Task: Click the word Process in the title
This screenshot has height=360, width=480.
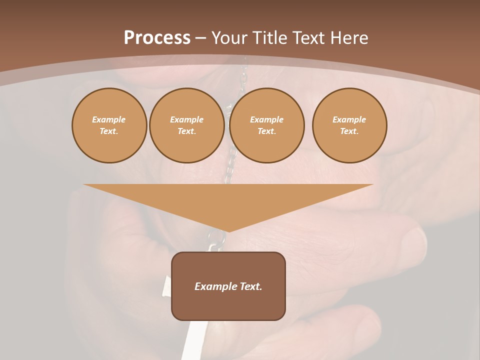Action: [x=157, y=38]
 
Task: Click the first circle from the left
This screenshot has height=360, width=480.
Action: [x=109, y=125]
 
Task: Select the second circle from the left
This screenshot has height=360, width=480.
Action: [x=186, y=125]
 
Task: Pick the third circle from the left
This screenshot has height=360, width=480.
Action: [x=266, y=125]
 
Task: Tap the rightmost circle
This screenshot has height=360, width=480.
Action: [x=349, y=125]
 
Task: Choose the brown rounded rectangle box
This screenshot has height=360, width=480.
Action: [x=228, y=305]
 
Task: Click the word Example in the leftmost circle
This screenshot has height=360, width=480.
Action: [x=109, y=119]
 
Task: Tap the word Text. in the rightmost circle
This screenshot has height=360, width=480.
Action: [x=349, y=131]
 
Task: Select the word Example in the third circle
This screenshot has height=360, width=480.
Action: [x=266, y=119]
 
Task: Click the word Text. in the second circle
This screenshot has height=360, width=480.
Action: [x=186, y=131]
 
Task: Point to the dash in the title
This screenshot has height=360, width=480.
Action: [x=201, y=38]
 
